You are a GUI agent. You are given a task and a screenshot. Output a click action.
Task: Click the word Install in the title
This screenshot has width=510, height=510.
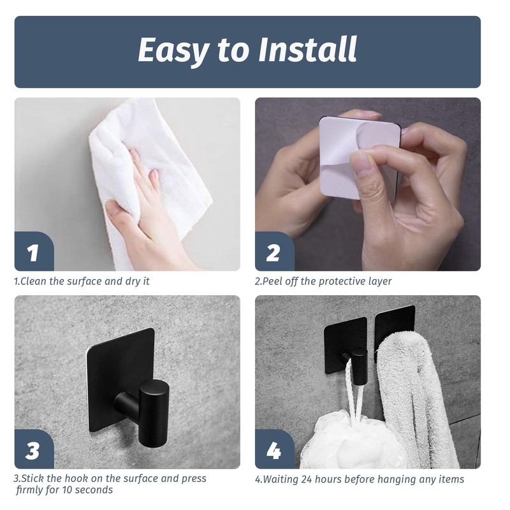pos(308,50)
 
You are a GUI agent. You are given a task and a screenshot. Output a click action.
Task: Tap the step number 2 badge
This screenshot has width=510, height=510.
pos(274,251)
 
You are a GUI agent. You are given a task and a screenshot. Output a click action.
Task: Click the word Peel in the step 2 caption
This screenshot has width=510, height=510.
pos(273,281)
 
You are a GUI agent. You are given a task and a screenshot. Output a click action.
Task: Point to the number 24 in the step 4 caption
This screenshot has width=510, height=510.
pos(307,479)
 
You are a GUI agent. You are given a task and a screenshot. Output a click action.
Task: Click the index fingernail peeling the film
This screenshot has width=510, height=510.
pos(361,164)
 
